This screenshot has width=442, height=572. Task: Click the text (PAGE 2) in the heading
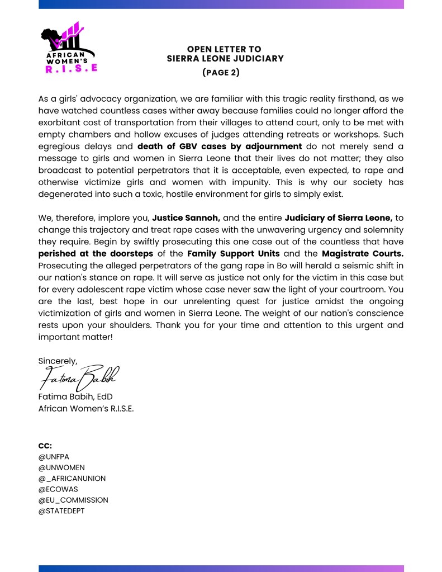tap(220, 72)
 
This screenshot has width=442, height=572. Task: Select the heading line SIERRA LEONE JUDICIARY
tap(225, 58)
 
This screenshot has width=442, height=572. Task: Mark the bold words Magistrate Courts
tap(363, 253)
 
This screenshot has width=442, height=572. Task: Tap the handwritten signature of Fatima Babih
tap(79, 379)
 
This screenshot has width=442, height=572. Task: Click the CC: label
tap(45, 446)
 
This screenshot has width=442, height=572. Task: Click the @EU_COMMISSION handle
tap(73, 500)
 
